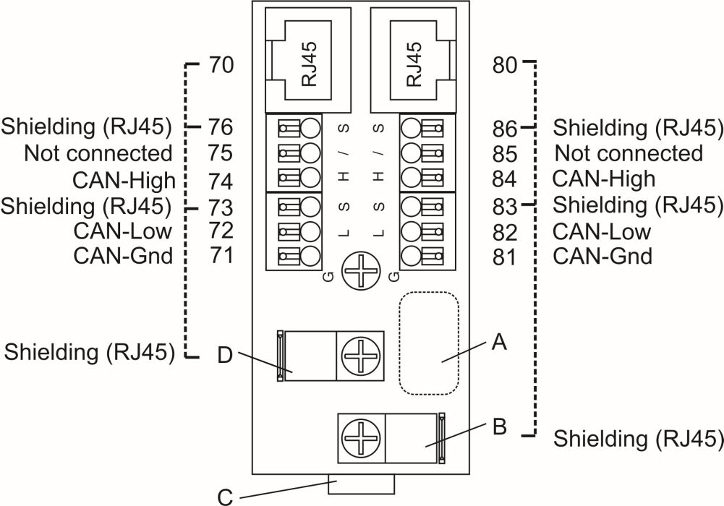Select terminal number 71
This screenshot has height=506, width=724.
pos(220,255)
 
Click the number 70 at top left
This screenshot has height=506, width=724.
pos(220,66)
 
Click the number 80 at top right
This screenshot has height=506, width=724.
pos(504,66)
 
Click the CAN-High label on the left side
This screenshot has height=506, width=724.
pos(124,179)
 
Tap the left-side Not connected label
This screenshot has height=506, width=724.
pos(98,153)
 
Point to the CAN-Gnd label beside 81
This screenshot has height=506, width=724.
pos(602,256)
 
